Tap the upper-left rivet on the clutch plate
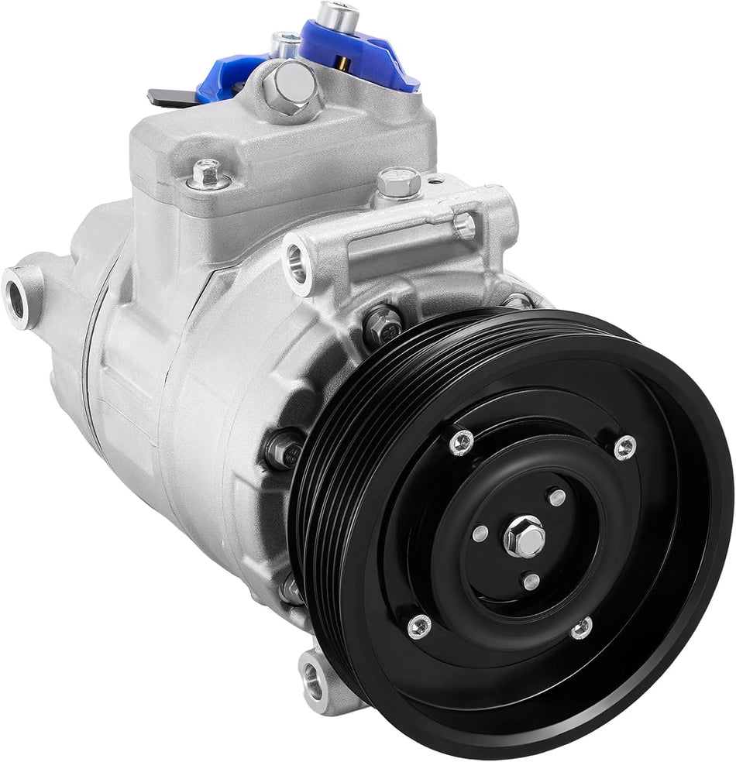[x=461, y=442]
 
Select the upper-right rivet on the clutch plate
[x=624, y=446]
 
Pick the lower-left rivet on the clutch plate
[x=419, y=625]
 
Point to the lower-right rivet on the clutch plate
[x=582, y=628]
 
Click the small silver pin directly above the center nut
[x=557, y=497]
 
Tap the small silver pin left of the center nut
[x=480, y=534]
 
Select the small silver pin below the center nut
[x=531, y=580]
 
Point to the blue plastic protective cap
[x=387, y=58]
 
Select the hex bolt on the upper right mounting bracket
[x=399, y=183]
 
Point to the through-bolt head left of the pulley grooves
[x=282, y=449]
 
